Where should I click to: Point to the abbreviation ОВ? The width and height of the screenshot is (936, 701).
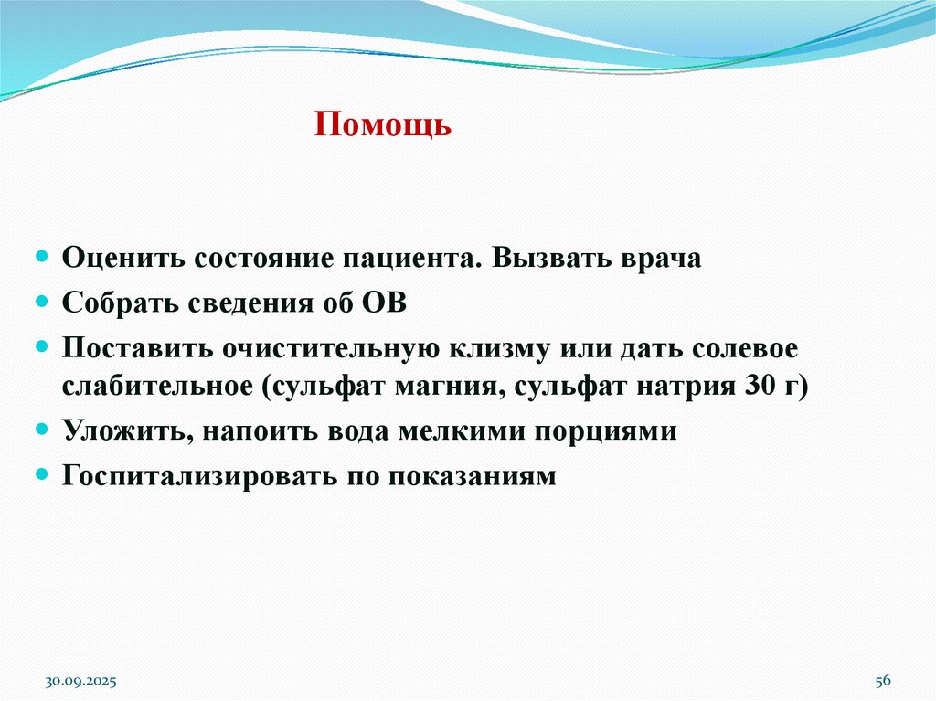tap(383, 303)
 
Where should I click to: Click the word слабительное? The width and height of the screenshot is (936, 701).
tap(156, 386)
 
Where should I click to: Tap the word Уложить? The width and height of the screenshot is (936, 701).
tap(119, 431)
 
